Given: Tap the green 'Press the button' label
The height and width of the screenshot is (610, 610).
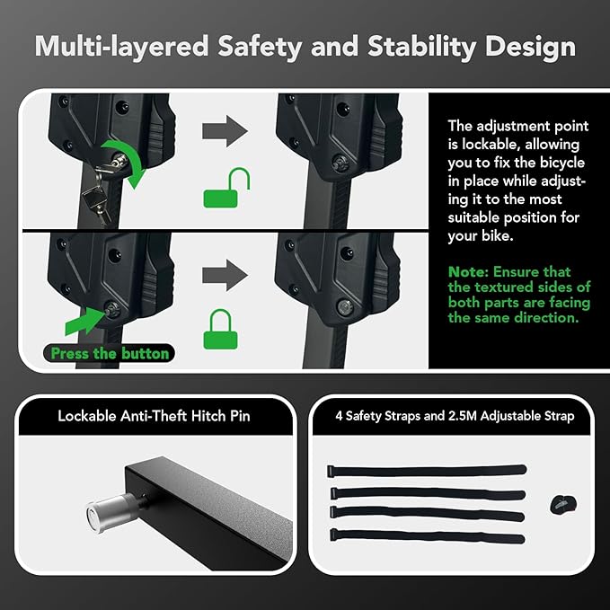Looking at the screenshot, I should (110, 353).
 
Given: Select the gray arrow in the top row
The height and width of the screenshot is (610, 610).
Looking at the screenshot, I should (225, 130).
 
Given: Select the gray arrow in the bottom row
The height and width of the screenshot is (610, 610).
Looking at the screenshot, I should (225, 269).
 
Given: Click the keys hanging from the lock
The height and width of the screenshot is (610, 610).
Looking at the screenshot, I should (95, 199).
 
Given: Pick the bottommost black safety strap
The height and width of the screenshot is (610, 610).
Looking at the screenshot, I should (427, 535).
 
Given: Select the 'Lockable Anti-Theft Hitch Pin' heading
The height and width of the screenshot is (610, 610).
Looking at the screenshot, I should (155, 415).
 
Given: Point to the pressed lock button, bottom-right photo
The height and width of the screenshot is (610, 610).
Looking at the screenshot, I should (344, 305).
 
